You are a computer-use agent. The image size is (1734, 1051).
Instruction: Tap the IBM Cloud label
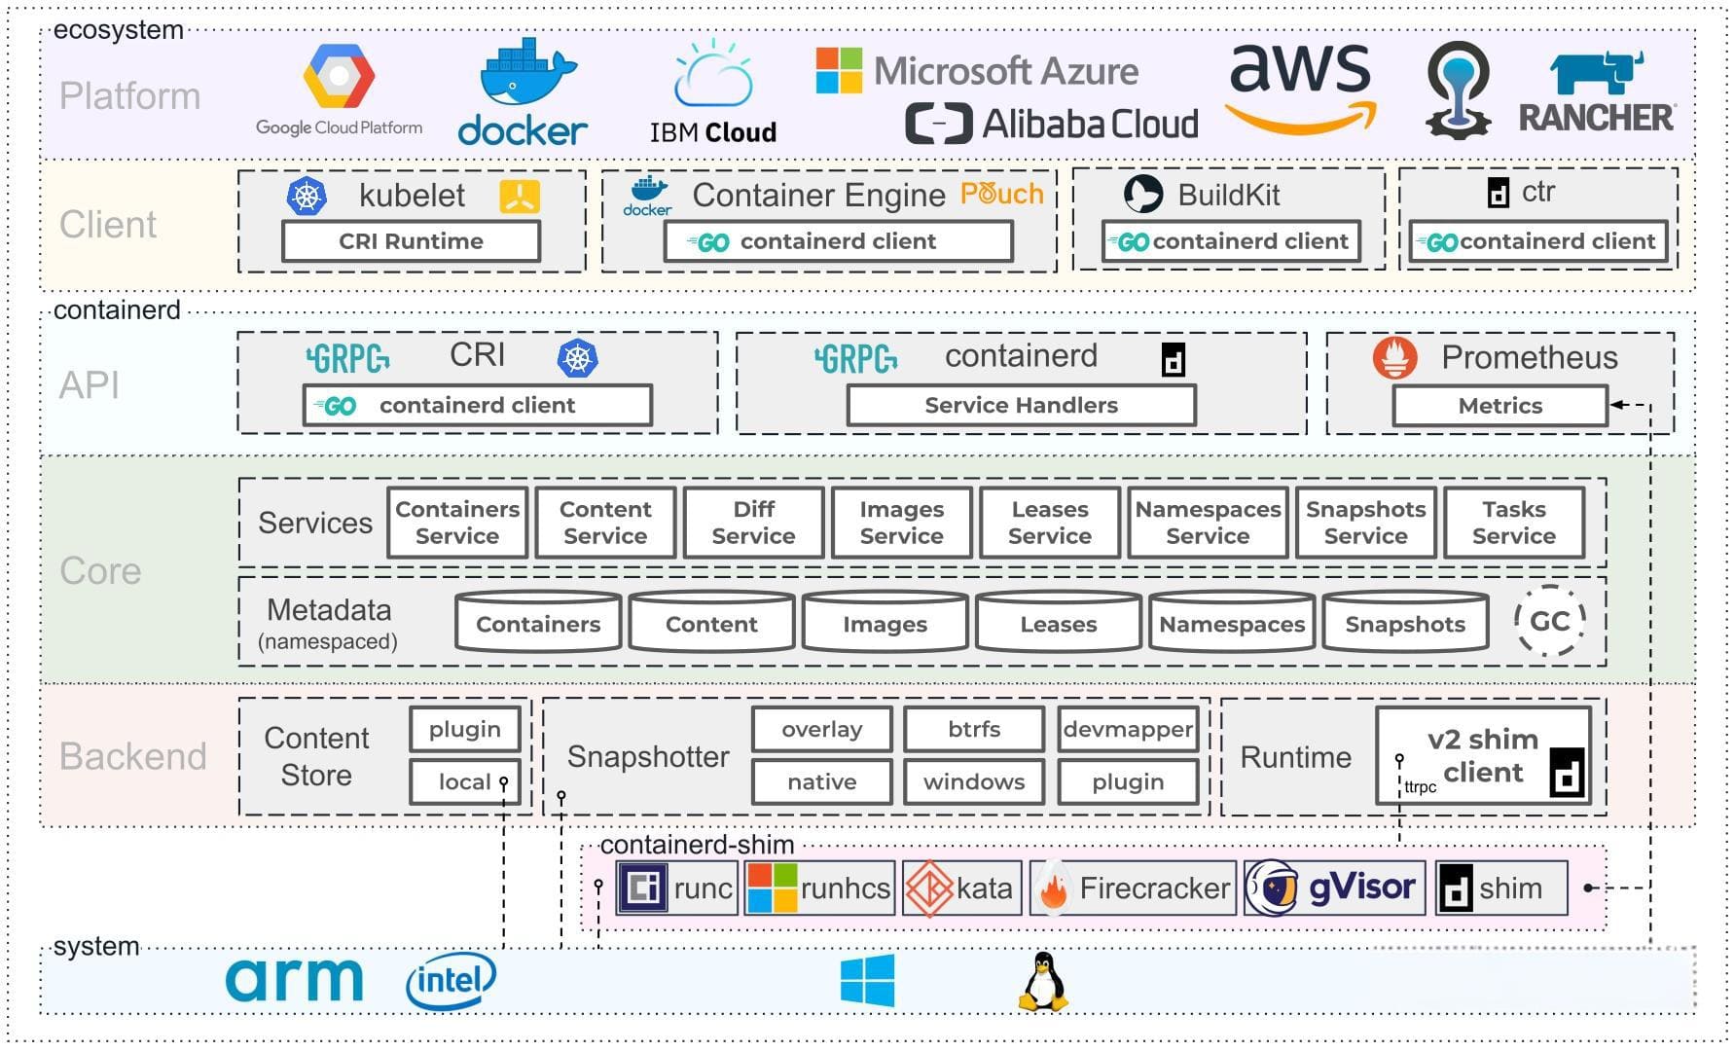coord(713,132)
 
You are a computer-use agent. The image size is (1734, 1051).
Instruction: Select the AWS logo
coord(1301,88)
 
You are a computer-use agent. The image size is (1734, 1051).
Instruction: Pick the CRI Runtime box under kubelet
coord(411,241)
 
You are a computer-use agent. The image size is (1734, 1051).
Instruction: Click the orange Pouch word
coord(1001,194)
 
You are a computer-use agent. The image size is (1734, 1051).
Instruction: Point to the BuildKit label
coord(1228,195)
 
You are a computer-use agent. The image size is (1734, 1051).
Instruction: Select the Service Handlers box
coord(1021,405)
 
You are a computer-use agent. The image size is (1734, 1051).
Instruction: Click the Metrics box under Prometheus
coord(1499,406)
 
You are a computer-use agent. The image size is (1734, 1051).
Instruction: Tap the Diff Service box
coord(753,523)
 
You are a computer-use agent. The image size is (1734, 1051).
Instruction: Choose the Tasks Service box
coord(1513,523)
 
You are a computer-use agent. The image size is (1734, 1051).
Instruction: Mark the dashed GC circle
coord(1549,621)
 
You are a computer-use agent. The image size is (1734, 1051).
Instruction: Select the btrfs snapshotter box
coord(973,729)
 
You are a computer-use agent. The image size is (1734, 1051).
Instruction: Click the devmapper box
coord(1127,729)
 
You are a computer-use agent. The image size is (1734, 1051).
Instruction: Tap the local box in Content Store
coord(464,781)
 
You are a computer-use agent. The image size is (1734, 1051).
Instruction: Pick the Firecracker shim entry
coord(1133,888)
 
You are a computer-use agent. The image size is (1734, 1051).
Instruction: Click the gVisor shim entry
coord(1334,888)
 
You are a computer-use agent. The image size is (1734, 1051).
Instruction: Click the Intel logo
coord(450,980)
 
